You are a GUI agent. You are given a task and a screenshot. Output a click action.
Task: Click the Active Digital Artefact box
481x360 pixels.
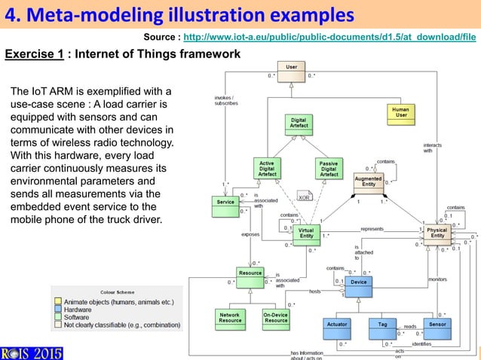point(267,169)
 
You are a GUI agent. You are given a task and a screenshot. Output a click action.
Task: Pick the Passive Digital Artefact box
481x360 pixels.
point(329,169)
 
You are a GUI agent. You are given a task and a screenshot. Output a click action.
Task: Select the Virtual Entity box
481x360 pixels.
point(306,233)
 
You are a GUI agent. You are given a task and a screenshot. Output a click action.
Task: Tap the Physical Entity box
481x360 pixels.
point(437,233)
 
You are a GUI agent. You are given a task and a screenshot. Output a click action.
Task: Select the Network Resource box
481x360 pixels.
point(229,319)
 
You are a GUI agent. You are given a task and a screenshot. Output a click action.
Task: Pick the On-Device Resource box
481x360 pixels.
point(276,319)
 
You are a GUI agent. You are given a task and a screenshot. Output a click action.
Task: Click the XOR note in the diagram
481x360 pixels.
point(305,197)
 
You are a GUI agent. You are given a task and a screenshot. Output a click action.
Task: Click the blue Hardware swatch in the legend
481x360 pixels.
point(57,310)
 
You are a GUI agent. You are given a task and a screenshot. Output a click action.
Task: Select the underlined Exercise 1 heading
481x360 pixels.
point(32,54)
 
